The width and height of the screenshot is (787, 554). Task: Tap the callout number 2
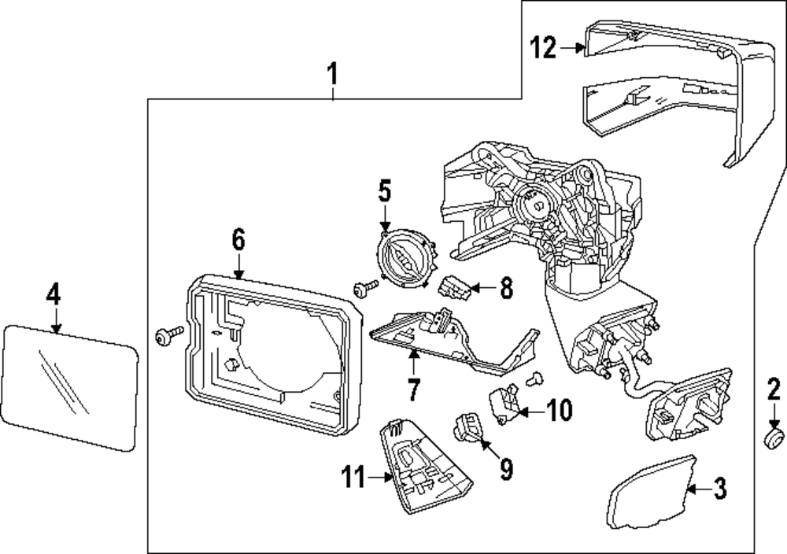(x=774, y=389)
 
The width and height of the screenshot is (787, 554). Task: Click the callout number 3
(x=720, y=489)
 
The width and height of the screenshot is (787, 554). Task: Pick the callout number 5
(x=384, y=191)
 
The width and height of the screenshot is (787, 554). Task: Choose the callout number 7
(x=414, y=386)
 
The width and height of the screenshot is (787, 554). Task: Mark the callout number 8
(x=505, y=288)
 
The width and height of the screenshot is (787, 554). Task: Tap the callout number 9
(x=505, y=470)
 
